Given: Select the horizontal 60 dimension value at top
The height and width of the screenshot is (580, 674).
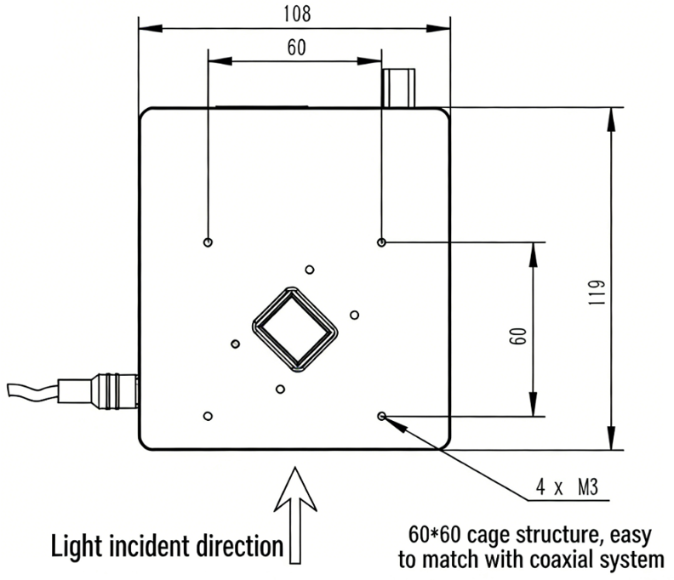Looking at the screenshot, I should (295, 48).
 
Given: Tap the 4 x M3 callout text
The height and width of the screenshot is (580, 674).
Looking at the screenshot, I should (570, 489).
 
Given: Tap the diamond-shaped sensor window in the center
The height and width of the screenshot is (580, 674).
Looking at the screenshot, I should (294, 330).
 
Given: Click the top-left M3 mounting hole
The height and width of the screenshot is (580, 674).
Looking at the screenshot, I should (208, 242).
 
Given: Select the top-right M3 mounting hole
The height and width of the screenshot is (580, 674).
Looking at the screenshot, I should (382, 242).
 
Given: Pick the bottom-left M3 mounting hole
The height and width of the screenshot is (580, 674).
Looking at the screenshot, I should (208, 416).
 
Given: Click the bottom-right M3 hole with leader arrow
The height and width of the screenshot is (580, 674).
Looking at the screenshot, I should (382, 416).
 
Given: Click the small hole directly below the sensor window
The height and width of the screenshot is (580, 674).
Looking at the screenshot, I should (280, 390).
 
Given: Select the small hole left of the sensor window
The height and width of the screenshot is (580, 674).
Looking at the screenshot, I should (235, 344).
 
